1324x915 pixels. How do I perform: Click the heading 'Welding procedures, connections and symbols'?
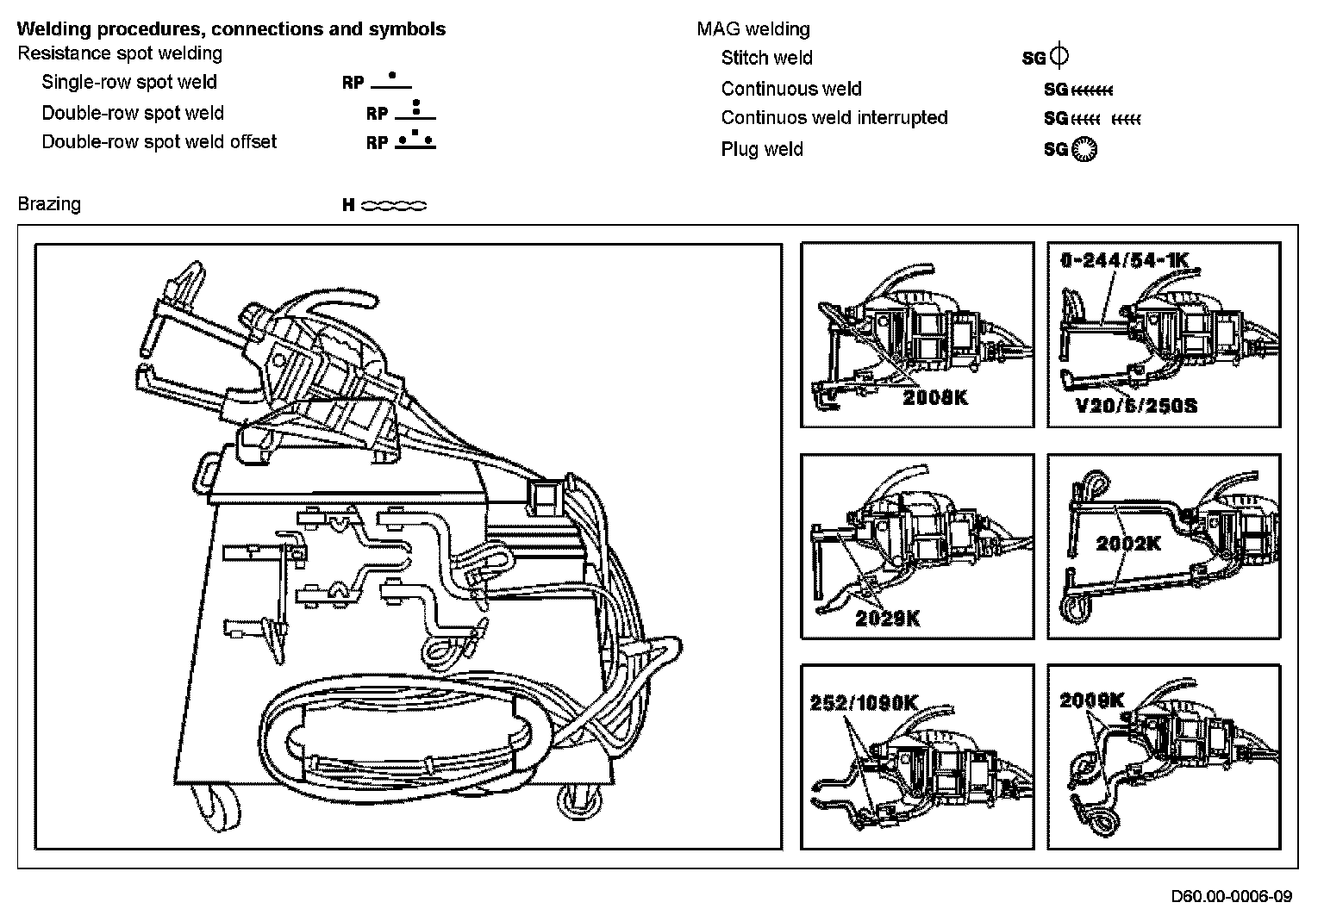coord(231,28)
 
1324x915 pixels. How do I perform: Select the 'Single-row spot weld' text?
coord(129,83)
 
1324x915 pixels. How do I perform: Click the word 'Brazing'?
coord(49,204)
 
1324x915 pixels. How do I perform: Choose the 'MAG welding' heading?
coord(753,29)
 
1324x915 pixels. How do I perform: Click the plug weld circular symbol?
coord(1084,149)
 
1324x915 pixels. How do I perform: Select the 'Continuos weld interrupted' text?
coord(834,118)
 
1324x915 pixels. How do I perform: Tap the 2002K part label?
coord(1128,543)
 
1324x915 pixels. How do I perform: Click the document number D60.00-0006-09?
coord(1232,895)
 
